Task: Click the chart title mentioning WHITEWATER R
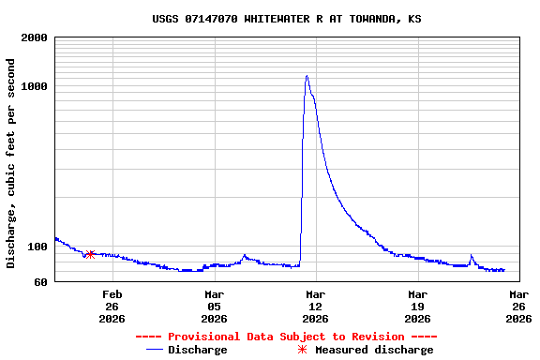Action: tap(286, 19)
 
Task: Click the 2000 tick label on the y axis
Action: tap(35, 38)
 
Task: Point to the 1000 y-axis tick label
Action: tap(35, 87)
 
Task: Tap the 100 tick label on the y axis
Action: tap(37, 247)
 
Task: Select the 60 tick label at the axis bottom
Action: tap(40, 282)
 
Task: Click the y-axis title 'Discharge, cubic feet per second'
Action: tap(11, 163)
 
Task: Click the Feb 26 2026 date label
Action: tap(112, 306)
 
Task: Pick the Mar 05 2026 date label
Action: tap(214, 306)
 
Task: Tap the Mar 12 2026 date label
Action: tap(315, 306)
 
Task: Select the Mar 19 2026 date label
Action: tap(417, 306)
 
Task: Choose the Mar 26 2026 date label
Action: tap(518, 306)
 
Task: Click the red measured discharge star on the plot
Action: tap(90, 254)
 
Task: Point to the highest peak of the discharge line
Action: tap(307, 76)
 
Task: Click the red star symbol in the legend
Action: tap(302, 350)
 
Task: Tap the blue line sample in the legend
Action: tap(155, 350)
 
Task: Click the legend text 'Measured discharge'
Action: tap(374, 350)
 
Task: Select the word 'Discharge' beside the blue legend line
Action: tap(197, 350)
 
